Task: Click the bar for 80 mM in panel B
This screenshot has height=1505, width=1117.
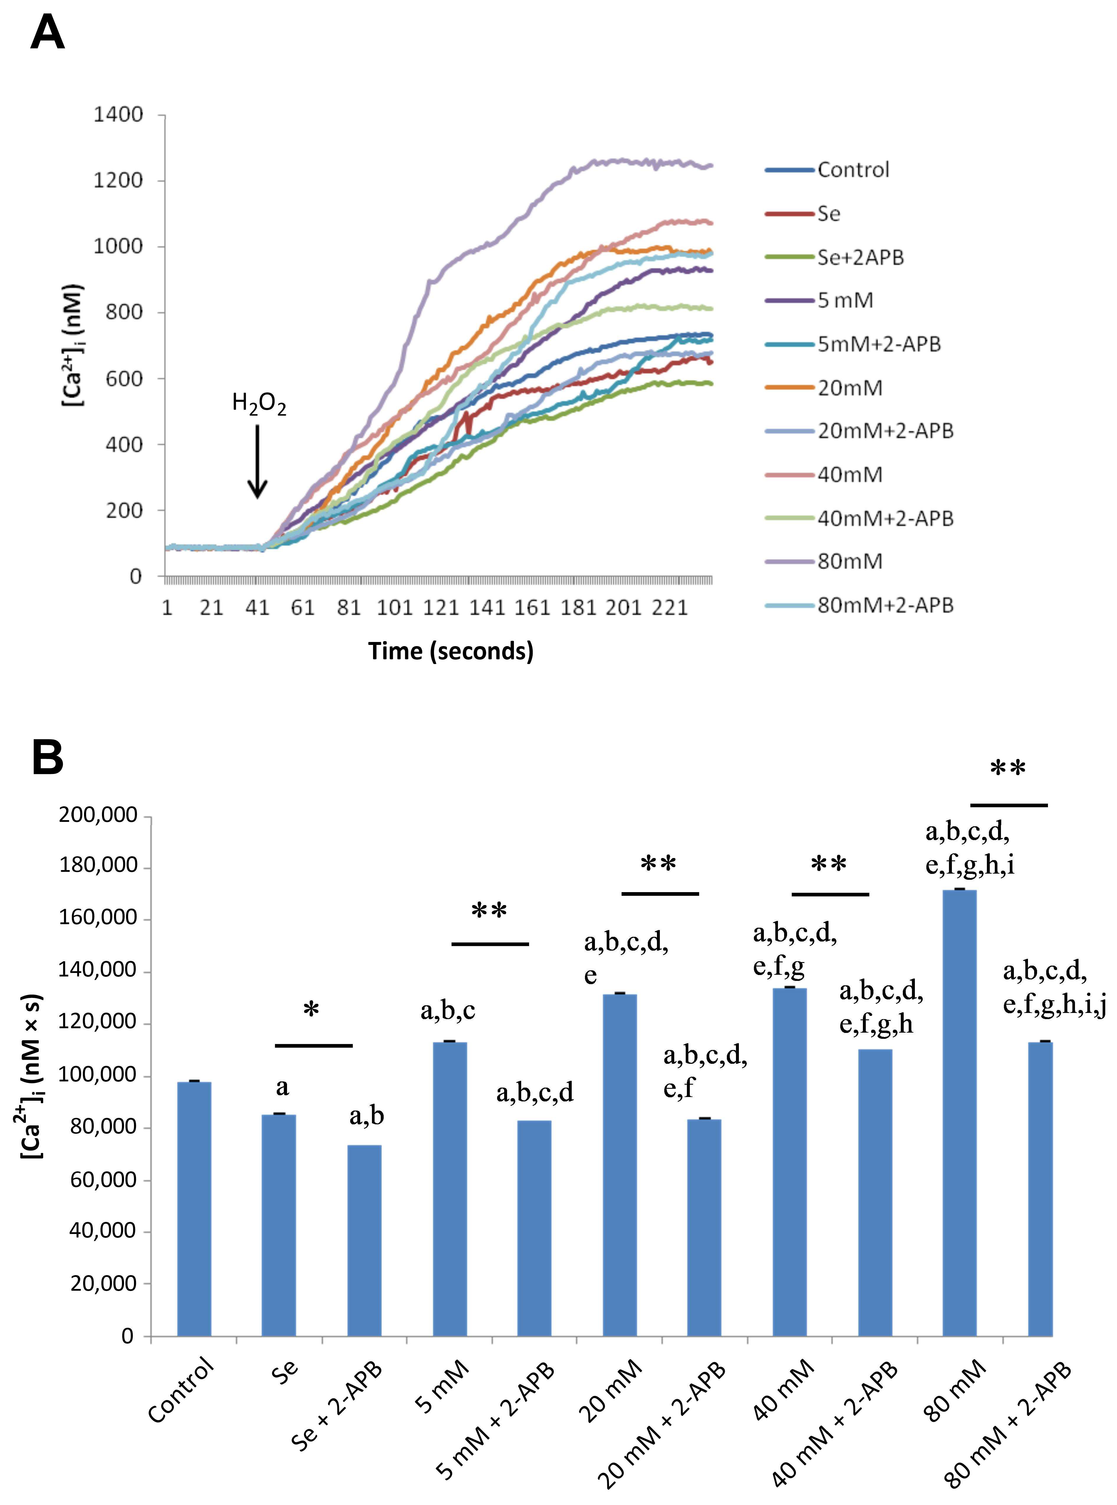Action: click(x=960, y=1113)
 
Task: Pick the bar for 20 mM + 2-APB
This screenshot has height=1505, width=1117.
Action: click(x=705, y=1228)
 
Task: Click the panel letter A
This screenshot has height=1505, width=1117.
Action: click(x=47, y=32)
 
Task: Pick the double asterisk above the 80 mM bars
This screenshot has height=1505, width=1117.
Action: click(x=1007, y=769)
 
